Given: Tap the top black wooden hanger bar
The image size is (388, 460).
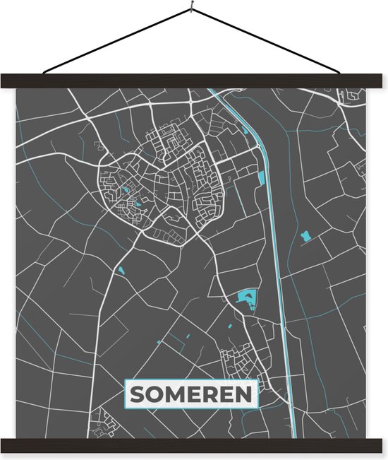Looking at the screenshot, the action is (193, 81).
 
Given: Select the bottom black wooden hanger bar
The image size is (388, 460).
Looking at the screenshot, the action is (193, 445).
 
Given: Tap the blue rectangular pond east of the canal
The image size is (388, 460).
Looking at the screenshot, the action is (306, 235).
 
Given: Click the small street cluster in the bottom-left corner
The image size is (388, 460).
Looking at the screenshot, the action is (106, 420).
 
